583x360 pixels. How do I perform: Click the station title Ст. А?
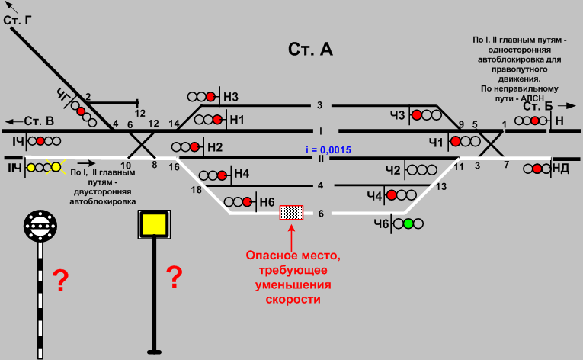(310, 50)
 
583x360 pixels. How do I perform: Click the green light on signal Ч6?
(408, 223)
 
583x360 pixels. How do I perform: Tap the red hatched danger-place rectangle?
(291, 213)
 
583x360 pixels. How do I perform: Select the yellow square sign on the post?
(152, 223)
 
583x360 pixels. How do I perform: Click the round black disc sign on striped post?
(39, 224)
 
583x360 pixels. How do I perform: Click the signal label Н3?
(231, 97)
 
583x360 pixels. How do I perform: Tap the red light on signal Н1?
(219, 120)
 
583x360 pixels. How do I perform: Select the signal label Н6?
(267, 202)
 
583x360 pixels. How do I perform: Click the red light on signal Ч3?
(417, 115)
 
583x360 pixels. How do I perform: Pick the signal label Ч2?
(393, 169)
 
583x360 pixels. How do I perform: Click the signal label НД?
(560, 169)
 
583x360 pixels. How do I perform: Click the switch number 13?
(440, 187)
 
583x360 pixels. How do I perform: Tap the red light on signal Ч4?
(392, 195)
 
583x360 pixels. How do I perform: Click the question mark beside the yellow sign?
(174, 277)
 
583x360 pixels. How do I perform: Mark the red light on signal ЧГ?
(80, 111)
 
